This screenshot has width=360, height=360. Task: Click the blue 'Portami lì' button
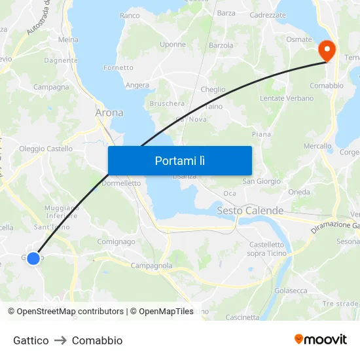(x=179, y=160)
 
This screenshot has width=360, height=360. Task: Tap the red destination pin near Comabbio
(x=326, y=50)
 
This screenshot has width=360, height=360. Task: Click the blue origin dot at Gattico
(x=33, y=258)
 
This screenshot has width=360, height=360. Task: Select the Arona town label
(x=109, y=113)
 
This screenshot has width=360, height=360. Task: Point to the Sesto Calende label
(x=250, y=211)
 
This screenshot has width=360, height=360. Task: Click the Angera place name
(x=137, y=85)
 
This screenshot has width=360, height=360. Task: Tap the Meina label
(x=68, y=39)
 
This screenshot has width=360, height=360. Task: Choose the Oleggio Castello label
(x=46, y=149)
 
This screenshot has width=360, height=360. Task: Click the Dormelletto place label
(x=121, y=183)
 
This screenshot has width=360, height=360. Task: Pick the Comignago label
(x=116, y=242)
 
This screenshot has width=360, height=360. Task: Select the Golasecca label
(x=291, y=290)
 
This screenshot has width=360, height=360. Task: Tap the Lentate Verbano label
(x=287, y=98)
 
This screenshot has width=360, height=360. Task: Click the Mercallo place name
(x=317, y=146)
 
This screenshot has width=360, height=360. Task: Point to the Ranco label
(x=130, y=15)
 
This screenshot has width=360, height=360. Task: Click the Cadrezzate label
(x=268, y=14)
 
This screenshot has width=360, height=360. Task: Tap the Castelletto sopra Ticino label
(x=266, y=249)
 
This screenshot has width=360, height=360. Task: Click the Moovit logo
(x=321, y=340)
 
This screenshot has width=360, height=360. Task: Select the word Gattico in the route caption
(x=31, y=340)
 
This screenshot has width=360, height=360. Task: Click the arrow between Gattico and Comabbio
(x=60, y=340)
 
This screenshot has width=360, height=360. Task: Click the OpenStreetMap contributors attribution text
(x=70, y=312)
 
